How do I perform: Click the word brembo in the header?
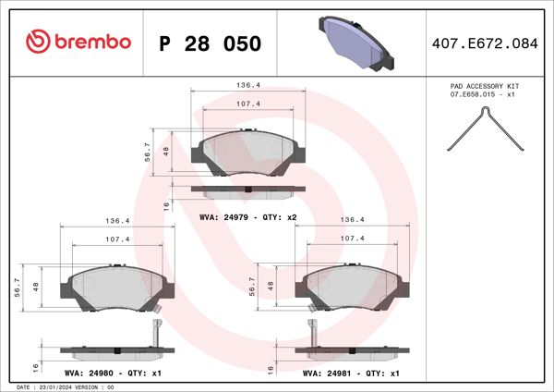coord(90,43)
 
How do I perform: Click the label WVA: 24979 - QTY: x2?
coord(247,216)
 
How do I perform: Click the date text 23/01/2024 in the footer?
coord(62,386)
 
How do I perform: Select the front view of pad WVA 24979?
coord(247,153)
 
